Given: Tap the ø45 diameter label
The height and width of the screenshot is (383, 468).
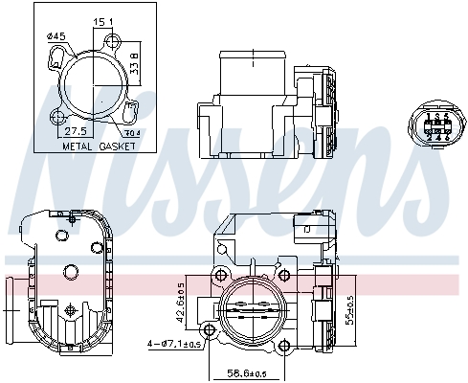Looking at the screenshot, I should (x=56, y=37).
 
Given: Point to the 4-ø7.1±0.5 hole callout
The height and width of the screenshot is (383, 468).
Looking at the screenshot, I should (x=173, y=343).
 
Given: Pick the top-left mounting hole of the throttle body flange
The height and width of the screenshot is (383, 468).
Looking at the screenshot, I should (x=223, y=276).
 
